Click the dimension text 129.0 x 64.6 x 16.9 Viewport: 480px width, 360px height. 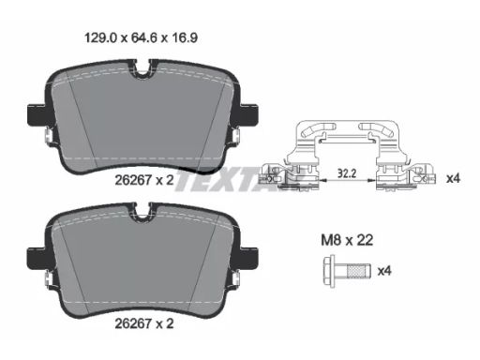tap(141, 38)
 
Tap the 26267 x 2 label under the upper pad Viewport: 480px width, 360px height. tap(144, 180)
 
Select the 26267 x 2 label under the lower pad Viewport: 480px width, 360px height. tap(144, 323)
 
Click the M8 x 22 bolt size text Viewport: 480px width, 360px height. tap(347, 240)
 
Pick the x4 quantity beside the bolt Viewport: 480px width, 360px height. tap(384, 271)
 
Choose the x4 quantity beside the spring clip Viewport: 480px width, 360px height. tap(454, 179)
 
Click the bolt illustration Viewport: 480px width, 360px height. tap(347, 271)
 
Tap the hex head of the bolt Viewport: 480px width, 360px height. tap(329, 271)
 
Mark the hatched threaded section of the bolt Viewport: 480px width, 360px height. tap(358, 271)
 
